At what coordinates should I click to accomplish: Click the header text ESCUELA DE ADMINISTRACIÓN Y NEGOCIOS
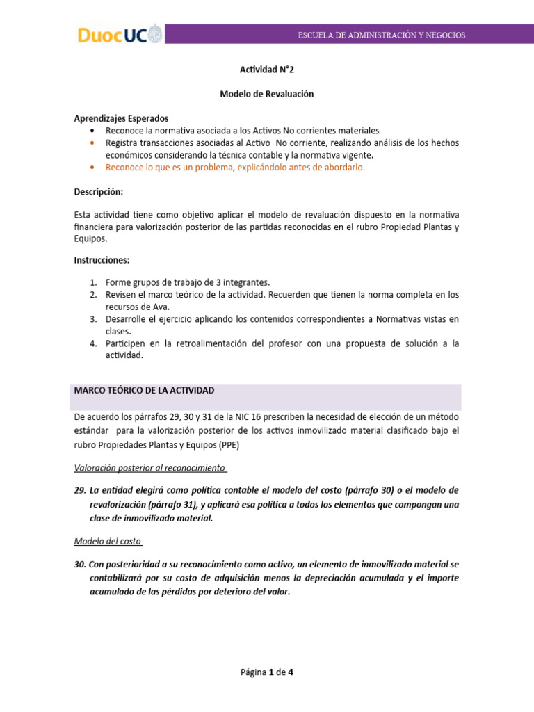[382, 35]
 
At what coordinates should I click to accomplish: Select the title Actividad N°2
[267, 70]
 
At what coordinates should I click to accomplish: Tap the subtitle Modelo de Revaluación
[267, 94]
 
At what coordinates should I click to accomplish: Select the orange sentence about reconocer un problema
[234, 167]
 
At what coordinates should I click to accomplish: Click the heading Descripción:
[98, 191]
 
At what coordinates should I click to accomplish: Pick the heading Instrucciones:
[102, 260]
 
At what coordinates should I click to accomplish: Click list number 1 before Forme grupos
[92, 282]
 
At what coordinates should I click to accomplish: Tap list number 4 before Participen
[92, 343]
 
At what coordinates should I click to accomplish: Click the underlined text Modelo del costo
[107, 540]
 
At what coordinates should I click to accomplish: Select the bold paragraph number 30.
[80, 564]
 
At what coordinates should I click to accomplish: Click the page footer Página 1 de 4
[267, 672]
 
